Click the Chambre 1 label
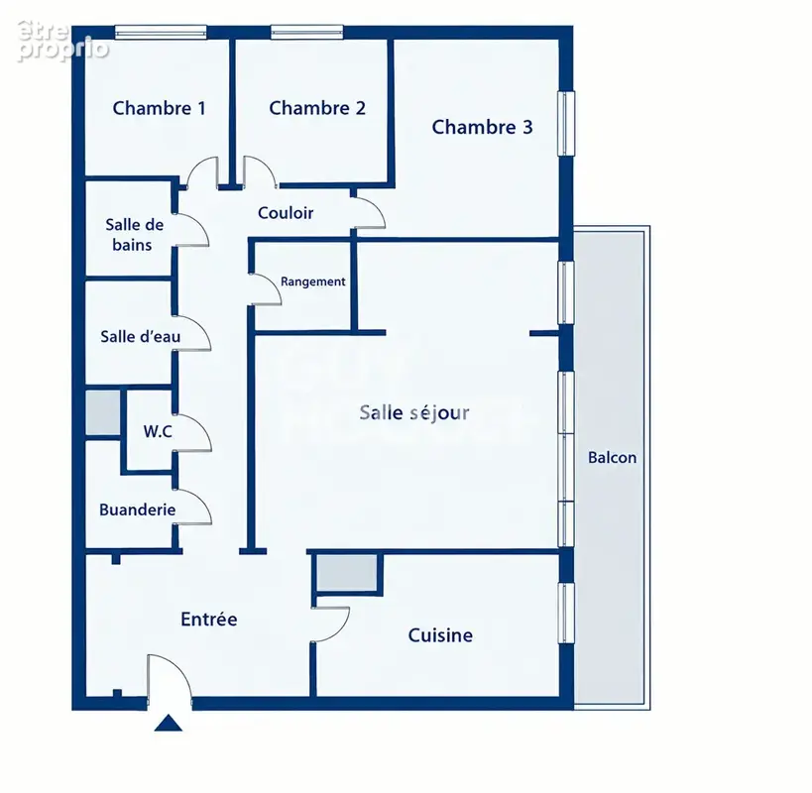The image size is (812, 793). click(159, 108)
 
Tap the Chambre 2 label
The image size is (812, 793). click(317, 108)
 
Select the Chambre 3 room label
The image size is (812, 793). click(482, 127)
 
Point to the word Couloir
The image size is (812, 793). click(286, 213)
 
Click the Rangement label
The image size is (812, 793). click(312, 282)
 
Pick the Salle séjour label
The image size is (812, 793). click(414, 412)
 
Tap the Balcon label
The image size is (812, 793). click(612, 458)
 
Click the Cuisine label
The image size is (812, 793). click(440, 635)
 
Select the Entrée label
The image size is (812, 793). click(208, 620)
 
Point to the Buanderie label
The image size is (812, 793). click(137, 510)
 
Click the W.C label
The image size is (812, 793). click(158, 431)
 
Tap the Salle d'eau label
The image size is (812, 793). click(141, 336)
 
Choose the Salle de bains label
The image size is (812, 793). click(134, 235)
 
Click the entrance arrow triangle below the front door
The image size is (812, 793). click(169, 724)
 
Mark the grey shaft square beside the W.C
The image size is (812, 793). click(103, 412)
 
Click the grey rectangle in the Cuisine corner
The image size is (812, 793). click(347, 573)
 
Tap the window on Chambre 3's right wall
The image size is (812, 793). click(566, 123)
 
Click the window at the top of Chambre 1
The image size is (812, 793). click(161, 32)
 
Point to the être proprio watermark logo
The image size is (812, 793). click(62, 41)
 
